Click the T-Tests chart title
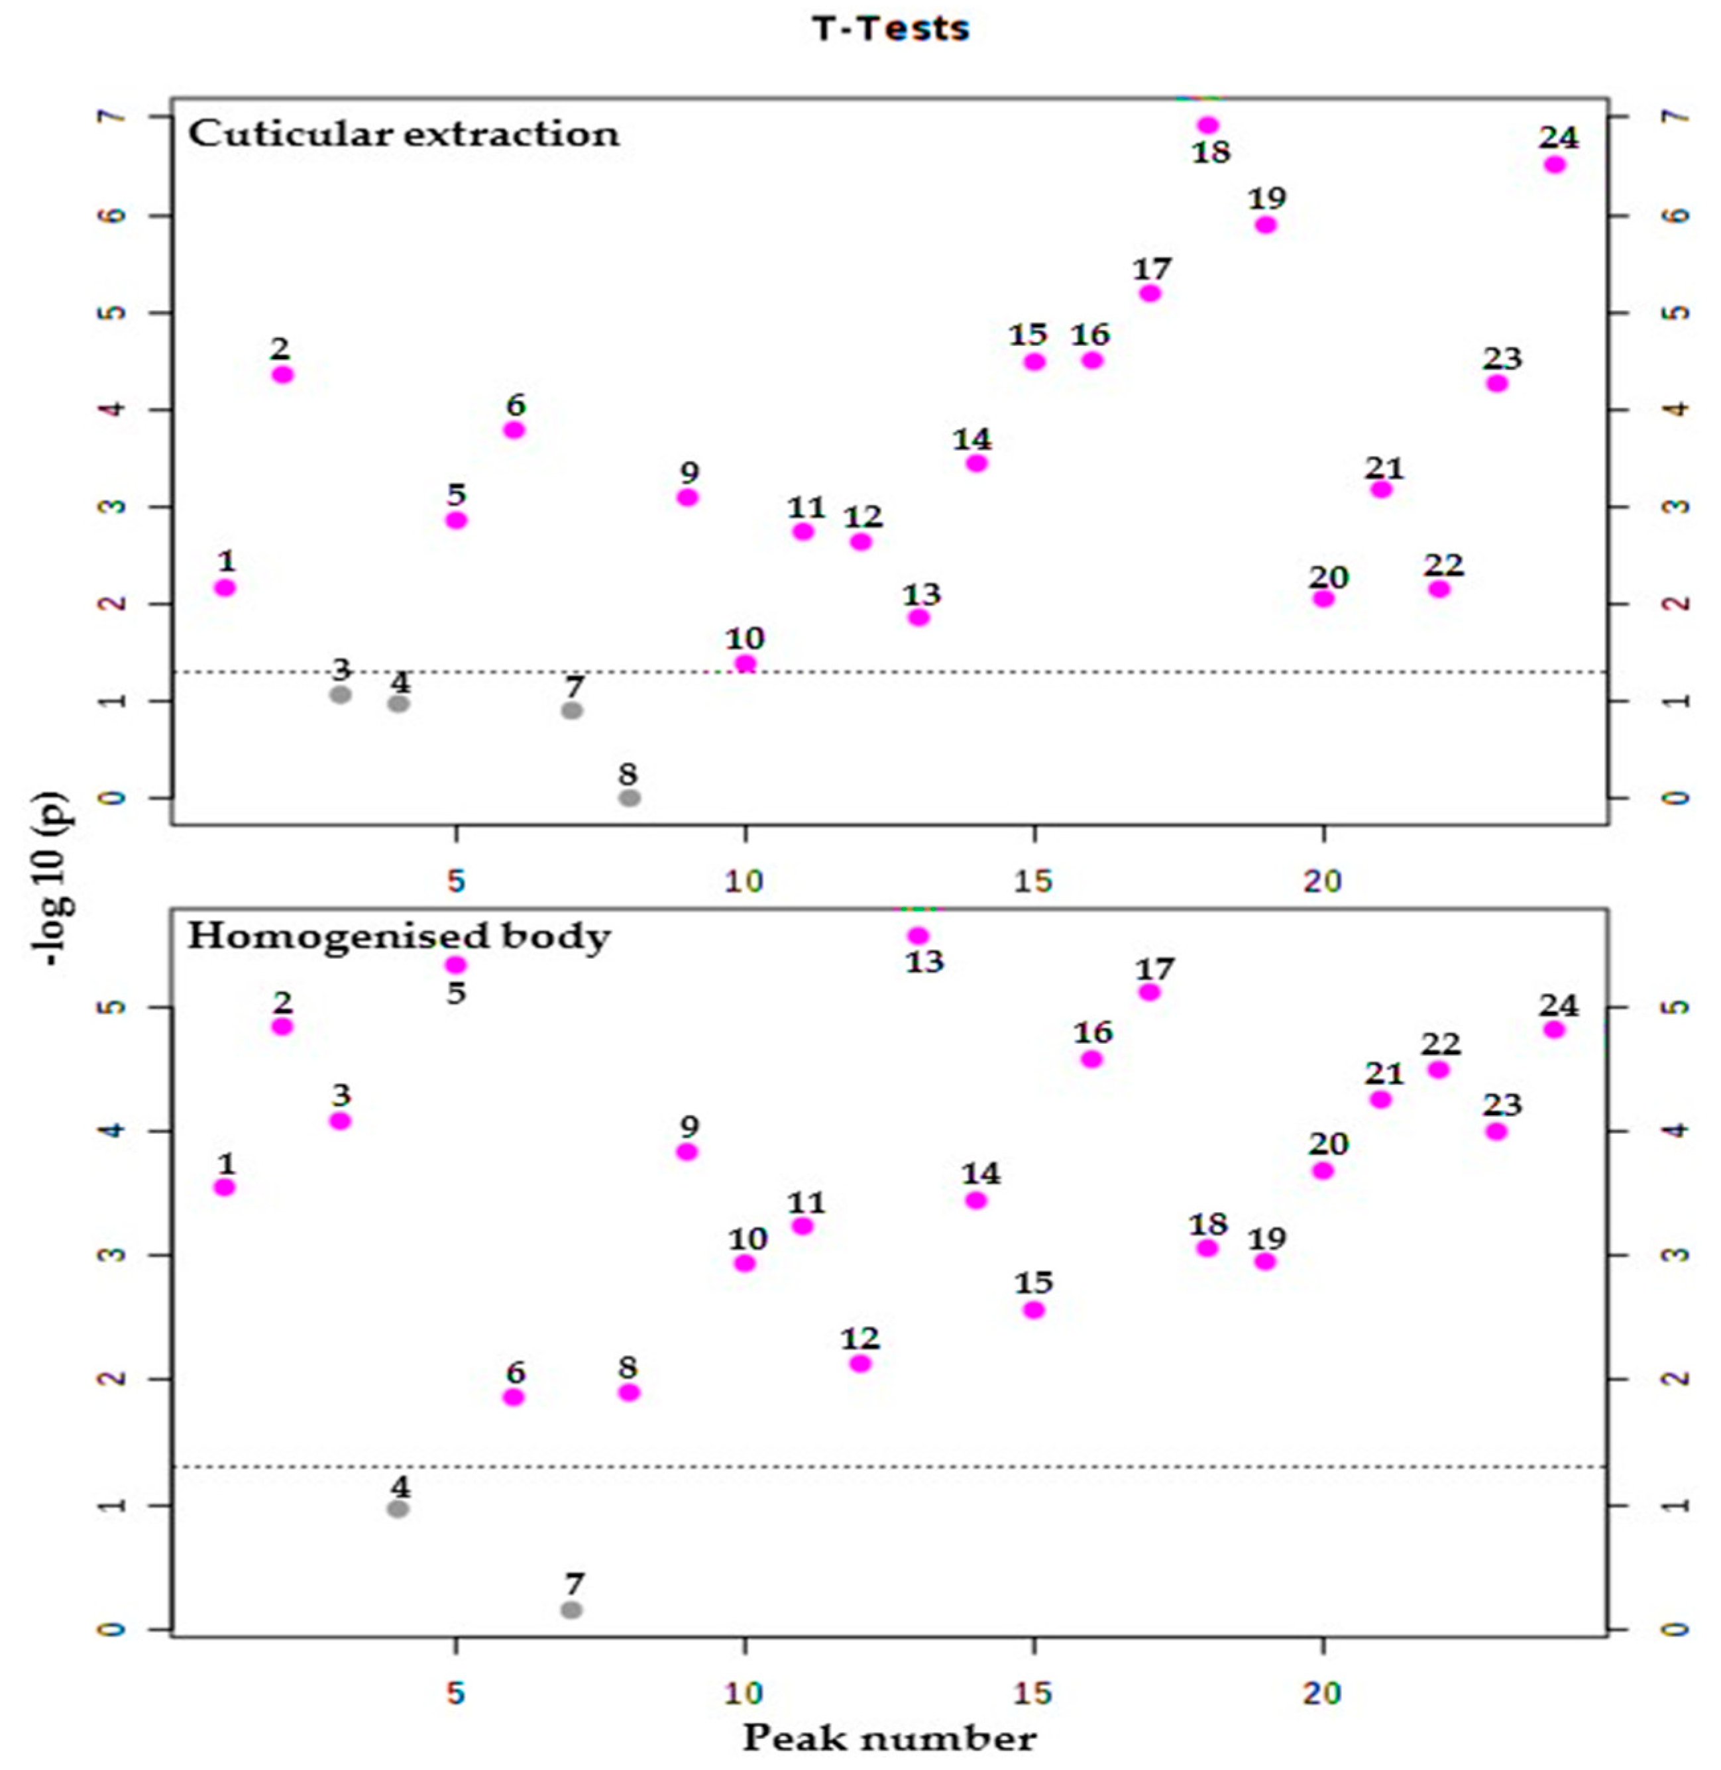click(891, 29)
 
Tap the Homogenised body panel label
click(399, 936)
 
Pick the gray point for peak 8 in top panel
click(630, 797)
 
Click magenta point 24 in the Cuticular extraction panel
click(1555, 164)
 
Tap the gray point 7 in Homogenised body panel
click(571, 1609)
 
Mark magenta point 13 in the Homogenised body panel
click(918, 936)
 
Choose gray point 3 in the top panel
click(341, 694)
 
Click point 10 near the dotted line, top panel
click(745, 663)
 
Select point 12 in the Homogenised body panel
click(860, 1363)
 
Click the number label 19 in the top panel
click(1266, 197)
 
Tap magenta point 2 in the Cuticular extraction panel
click(283, 374)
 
